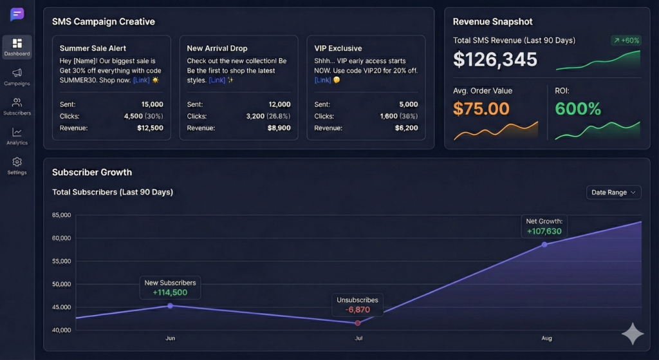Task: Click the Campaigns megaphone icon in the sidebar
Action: pos(17,73)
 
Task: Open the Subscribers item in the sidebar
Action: pos(17,102)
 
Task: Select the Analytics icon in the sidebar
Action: pos(17,132)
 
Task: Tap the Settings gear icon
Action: pos(17,162)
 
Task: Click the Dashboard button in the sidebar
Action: pos(17,47)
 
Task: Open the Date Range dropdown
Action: pos(613,193)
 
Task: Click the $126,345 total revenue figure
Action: pos(495,59)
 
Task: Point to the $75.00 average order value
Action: pos(481,108)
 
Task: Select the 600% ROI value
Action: pos(578,108)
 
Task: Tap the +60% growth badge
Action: pos(626,41)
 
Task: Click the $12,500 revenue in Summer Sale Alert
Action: pos(150,128)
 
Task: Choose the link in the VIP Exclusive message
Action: pos(322,81)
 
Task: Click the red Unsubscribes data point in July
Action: pos(358,323)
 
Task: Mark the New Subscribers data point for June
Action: pos(170,306)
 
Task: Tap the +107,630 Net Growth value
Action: pos(544,231)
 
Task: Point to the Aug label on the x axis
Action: pos(546,338)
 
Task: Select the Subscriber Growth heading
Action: pos(92,173)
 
